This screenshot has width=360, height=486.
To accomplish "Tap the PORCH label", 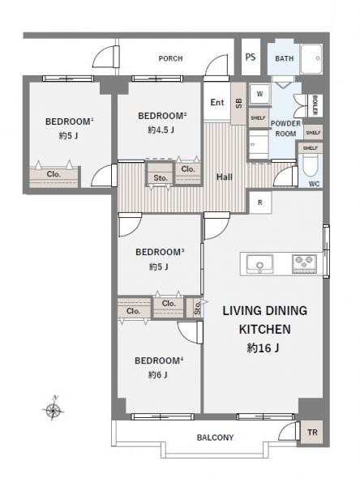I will pyautogui.click(x=170, y=58).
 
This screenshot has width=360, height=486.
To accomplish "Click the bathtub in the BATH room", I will pyautogui.click(x=311, y=58).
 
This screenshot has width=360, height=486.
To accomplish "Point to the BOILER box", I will pyautogui.click(x=314, y=105).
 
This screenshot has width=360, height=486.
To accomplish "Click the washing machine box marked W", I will pyautogui.click(x=259, y=93).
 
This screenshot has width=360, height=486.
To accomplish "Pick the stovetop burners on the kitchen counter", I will pyautogui.click(x=304, y=262).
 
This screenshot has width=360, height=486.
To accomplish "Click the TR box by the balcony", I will pyautogui.click(x=312, y=433).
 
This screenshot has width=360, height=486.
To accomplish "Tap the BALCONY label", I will pyautogui.click(x=215, y=438).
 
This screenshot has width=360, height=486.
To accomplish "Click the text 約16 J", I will pyautogui.click(x=264, y=349).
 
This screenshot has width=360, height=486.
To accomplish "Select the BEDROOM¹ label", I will pyautogui.click(x=70, y=122).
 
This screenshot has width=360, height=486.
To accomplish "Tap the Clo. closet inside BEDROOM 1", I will pyautogui.click(x=54, y=173).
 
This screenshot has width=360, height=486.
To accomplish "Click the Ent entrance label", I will pyautogui.click(x=217, y=102).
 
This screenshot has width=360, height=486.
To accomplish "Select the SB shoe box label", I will pyautogui.click(x=238, y=103).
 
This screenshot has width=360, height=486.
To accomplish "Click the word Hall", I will pyautogui.click(x=225, y=177).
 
